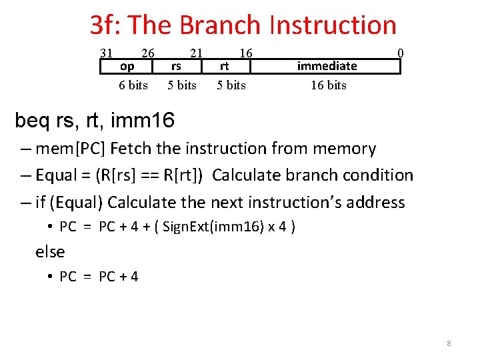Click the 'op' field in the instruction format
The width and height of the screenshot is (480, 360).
[x=127, y=66]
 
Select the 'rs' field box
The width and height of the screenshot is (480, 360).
[x=177, y=66]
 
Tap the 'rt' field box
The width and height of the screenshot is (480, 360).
[x=225, y=66]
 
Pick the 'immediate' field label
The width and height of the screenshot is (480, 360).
[x=327, y=66]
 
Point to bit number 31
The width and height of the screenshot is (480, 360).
[x=106, y=53]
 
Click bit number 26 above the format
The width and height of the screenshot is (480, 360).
[x=148, y=53]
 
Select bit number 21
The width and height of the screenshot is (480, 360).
[x=196, y=53]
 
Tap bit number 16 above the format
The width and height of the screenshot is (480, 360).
[x=245, y=53]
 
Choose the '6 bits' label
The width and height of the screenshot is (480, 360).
[x=133, y=85]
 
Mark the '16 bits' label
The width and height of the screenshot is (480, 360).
[x=329, y=85]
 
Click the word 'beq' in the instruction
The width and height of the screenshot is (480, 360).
[x=31, y=121]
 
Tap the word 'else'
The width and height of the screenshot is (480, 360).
[x=50, y=252]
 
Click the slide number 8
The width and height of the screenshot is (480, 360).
[x=449, y=343]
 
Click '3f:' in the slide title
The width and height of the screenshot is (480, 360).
[x=106, y=25]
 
